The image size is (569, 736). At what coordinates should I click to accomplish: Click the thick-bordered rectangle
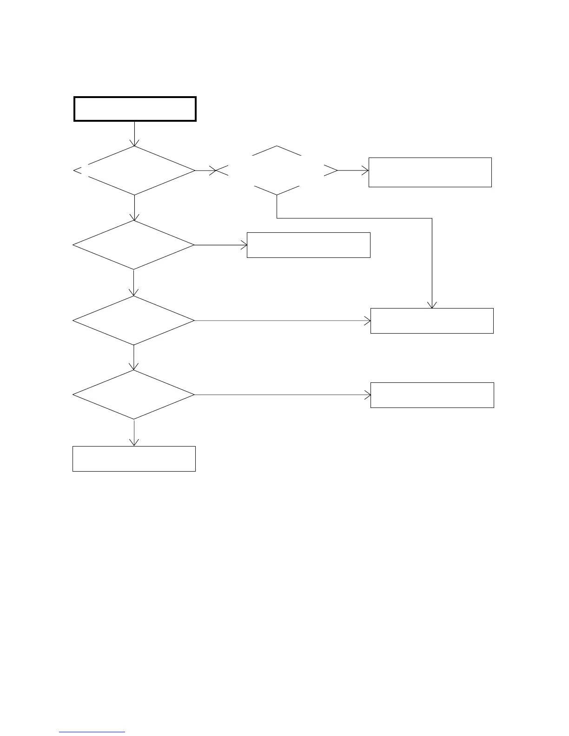tap(135, 109)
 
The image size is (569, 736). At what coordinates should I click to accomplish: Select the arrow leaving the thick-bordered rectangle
tap(134, 134)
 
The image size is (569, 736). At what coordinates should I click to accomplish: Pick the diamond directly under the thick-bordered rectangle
tap(134, 171)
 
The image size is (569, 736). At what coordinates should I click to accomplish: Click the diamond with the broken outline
tap(277, 171)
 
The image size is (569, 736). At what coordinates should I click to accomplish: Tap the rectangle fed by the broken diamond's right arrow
tap(430, 172)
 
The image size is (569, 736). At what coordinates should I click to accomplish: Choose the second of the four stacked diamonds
tap(134, 245)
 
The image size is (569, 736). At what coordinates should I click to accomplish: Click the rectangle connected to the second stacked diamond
tap(308, 245)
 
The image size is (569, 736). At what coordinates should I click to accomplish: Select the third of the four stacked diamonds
tap(134, 321)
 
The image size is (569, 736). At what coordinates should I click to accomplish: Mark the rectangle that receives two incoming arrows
tap(432, 321)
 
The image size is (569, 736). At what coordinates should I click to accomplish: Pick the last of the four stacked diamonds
tap(134, 395)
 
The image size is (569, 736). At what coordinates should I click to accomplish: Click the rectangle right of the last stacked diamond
tap(432, 395)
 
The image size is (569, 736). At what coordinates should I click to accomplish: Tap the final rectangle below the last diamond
tap(134, 459)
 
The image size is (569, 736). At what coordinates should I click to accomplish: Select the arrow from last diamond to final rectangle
tap(134, 432)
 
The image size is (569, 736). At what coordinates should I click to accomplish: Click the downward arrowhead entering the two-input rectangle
tap(432, 305)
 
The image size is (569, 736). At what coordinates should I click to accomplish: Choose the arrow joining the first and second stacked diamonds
tap(134, 207)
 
